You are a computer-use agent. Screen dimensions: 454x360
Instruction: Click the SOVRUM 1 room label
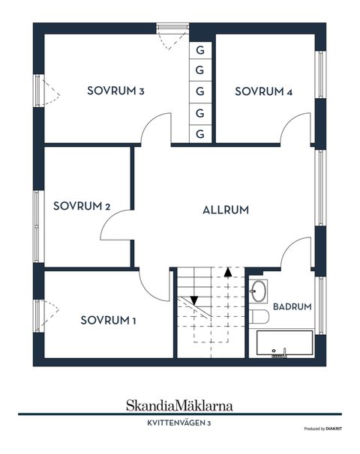click(x=109, y=321)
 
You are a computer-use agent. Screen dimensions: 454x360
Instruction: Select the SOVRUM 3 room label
click(x=115, y=91)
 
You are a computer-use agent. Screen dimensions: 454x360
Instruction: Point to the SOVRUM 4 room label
click(x=263, y=91)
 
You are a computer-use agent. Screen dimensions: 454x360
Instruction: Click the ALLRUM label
click(x=225, y=210)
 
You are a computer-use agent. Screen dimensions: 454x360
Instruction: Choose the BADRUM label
click(x=292, y=306)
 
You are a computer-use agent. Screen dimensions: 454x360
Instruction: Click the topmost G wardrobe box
click(x=200, y=50)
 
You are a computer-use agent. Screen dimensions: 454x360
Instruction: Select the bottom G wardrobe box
click(x=200, y=134)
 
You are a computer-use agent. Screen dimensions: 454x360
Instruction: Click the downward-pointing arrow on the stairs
click(x=193, y=299)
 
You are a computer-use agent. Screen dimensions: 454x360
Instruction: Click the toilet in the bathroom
click(x=259, y=315)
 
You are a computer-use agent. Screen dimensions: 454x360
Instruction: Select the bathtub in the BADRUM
click(x=284, y=345)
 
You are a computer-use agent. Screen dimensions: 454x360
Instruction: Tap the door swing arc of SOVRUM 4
click(x=296, y=127)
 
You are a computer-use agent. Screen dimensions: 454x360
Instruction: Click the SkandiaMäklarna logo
click(x=178, y=405)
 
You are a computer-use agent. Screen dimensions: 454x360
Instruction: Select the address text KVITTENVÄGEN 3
click(x=179, y=423)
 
